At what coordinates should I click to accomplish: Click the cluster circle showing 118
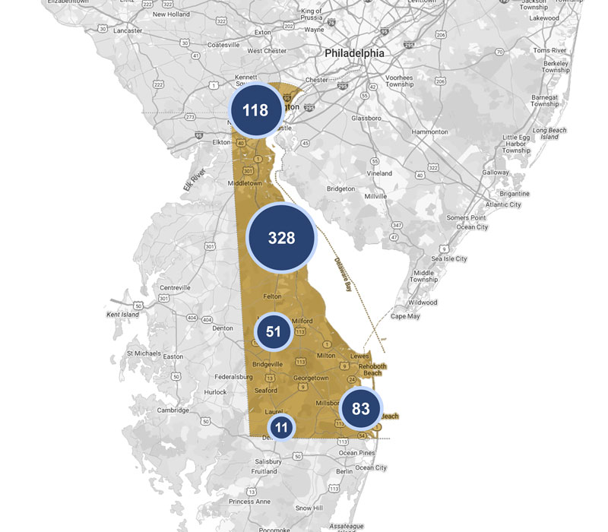[x=255, y=110]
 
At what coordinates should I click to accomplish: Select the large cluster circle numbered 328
[x=281, y=238]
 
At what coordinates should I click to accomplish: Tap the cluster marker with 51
[x=274, y=331]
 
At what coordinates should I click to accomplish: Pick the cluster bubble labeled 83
[x=360, y=409]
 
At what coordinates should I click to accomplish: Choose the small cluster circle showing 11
[x=281, y=427]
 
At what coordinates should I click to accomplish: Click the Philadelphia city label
[x=354, y=53]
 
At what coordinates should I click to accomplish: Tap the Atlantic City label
[x=503, y=204]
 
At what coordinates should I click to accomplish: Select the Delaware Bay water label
[x=344, y=274]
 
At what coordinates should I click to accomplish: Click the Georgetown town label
[x=312, y=378]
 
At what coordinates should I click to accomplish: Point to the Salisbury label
[x=268, y=461]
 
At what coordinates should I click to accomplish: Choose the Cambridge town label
[x=173, y=410]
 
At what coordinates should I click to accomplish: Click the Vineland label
[x=379, y=173]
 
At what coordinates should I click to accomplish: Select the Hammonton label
[x=429, y=131]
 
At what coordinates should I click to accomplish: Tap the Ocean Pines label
[x=358, y=453]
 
